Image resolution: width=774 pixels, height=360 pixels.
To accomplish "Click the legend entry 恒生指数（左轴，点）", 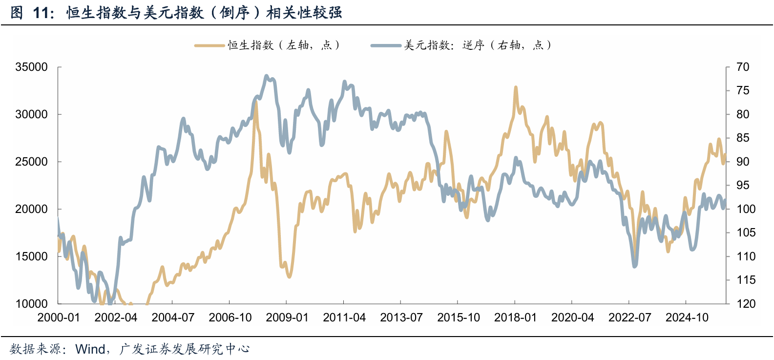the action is point(268,45).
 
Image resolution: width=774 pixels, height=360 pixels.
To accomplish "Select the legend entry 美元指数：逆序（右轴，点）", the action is point(461,45).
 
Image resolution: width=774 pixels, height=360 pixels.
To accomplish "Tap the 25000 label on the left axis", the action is point(31,162).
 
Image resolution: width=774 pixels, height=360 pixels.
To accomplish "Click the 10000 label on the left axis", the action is point(31,304).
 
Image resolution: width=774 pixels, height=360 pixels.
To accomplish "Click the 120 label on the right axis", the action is point(746,304).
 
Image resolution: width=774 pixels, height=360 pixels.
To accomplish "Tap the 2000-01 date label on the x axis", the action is point(59,318).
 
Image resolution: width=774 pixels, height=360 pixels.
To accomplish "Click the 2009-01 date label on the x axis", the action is point(287,318).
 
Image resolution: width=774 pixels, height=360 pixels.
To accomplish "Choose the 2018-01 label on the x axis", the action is point(515,318).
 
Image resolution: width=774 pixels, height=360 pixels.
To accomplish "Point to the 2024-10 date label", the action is point(687,318).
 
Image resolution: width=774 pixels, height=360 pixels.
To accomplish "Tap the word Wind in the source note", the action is point(90,349).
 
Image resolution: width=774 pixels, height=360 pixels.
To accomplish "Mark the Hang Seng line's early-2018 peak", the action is point(516,87).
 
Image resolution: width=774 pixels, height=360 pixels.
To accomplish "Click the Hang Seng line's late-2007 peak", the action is point(256,102).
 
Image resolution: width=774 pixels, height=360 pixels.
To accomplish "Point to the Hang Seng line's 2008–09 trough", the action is point(289,276).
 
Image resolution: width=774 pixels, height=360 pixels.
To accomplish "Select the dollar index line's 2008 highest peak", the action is point(266,76).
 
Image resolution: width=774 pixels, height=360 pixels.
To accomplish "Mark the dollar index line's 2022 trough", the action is point(635,266).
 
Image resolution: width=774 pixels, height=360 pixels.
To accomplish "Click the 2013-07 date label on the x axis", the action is point(401,318).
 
